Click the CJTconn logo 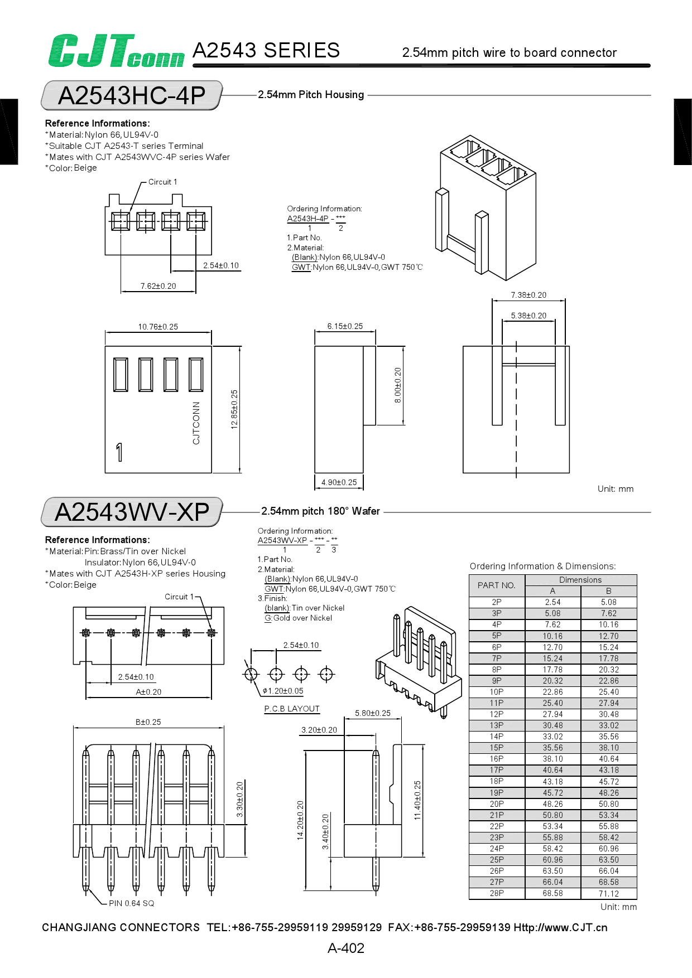(116, 51)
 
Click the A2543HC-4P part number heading (132, 95)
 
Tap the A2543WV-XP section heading (132, 512)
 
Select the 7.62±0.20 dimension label (158, 286)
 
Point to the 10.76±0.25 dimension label (158, 327)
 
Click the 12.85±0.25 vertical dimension (234, 409)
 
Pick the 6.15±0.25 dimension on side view (345, 326)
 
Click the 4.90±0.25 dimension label (339, 482)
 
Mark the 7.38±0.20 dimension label (528, 295)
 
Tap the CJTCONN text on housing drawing (196, 423)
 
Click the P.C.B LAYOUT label (292, 709)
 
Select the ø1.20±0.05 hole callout (283, 691)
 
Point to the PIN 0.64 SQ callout (131, 903)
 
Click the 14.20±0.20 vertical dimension (300, 820)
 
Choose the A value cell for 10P (552, 692)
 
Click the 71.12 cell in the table (608, 893)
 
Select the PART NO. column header (496, 585)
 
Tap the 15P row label (496, 748)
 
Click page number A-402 (346, 948)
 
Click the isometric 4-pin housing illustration (486, 206)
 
